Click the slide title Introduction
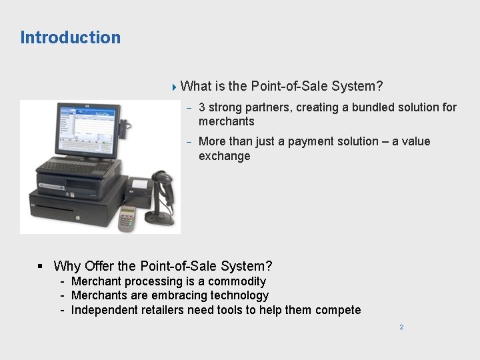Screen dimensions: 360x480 click(71, 37)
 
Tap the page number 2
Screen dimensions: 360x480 click(401, 327)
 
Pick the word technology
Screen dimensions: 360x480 click(238, 295)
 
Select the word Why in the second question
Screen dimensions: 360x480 click(67, 266)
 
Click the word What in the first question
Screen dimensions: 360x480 click(195, 86)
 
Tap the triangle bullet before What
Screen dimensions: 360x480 click(174, 86)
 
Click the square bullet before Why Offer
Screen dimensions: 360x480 click(41, 267)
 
